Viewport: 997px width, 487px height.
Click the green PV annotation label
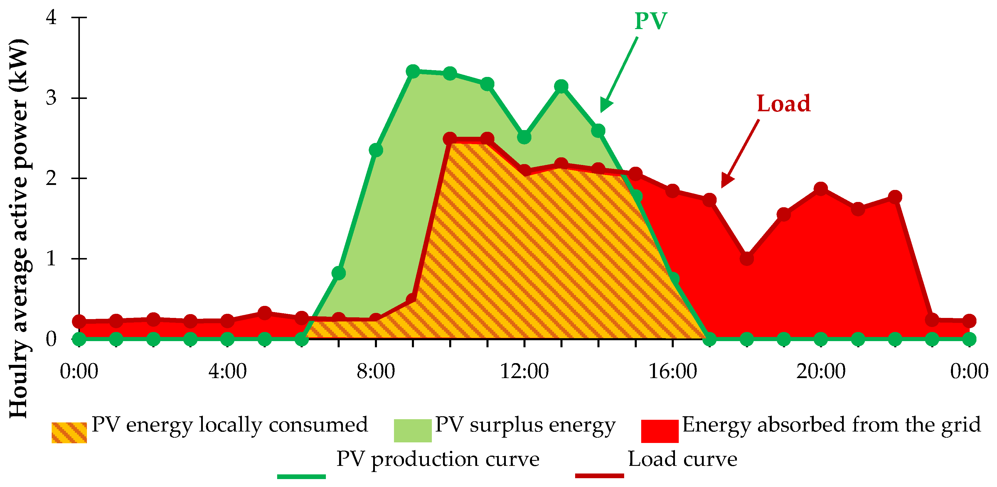pyautogui.click(x=651, y=21)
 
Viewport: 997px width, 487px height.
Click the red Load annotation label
pyautogui.click(x=783, y=104)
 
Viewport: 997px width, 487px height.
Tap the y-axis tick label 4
pyautogui.click(x=51, y=17)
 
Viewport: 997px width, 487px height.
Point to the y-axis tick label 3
pyautogui.click(x=51, y=97)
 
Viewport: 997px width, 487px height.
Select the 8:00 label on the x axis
pyautogui.click(x=375, y=372)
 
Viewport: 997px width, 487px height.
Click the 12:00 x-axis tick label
pyautogui.click(x=524, y=372)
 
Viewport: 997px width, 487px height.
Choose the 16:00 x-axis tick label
pyautogui.click(x=672, y=372)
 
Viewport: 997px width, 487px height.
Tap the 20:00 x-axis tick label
pyautogui.click(x=821, y=372)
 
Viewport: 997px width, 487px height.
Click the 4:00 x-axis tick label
pyautogui.click(x=227, y=372)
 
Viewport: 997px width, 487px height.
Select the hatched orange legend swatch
pyautogui.click(x=69, y=432)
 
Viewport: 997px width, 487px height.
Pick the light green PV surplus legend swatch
pyautogui.click(x=412, y=430)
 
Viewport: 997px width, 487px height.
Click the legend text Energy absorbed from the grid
pyautogui.click(x=831, y=425)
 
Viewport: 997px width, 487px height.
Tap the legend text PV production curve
pyautogui.click(x=438, y=459)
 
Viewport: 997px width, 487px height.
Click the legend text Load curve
pyautogui.click(x=682, y=459)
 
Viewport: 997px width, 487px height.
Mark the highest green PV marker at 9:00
pyautogui.click(x=413, y=71)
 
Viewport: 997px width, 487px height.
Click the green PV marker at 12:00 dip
pyautogui.click(x=524, y=137)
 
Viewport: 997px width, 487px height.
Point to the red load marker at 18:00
pyautogui.click(x=747, y=259)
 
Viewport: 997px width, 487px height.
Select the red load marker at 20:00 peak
pyautogui.click(x=821, y=189)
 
